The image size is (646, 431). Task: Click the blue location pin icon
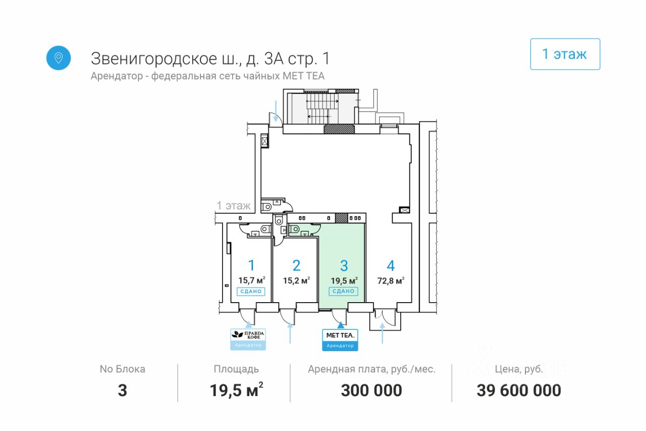pos(59,58)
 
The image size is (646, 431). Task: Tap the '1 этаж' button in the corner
pos(565,54)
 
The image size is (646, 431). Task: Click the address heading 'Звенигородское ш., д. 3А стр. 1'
pos(210,59)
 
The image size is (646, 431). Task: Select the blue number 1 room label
pos(251,265)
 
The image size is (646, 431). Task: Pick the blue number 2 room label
pos(296,265)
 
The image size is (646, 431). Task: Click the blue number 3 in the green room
pos(344,265)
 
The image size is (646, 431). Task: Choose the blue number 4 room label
pos(391,265)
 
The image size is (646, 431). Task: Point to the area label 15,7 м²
pos(252,280)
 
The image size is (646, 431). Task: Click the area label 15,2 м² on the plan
pos(296,280)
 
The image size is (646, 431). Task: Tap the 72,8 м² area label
pos(391,280)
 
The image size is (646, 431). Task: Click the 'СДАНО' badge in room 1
pos(251,291)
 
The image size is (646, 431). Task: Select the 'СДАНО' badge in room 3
pos(343,291)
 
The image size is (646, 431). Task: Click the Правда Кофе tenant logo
pos(248,335)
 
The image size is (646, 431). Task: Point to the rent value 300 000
pos(371,390)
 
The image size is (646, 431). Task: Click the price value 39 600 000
pos(519,390)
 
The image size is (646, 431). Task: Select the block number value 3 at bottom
pos(122,390)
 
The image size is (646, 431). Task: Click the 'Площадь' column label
pos(236,369)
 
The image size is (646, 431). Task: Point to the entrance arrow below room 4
pos(382,333)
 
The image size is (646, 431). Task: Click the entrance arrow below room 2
pos(290,333)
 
